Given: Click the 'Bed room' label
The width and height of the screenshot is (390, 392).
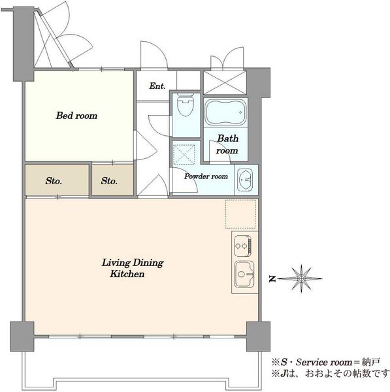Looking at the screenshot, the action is [x=76, y=116].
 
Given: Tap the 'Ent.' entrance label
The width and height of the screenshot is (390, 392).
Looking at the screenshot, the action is [x=157, y=86].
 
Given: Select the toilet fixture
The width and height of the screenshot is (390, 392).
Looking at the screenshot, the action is [x=186, y=105].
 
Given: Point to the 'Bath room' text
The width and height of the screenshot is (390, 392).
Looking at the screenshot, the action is [x=227, y=144].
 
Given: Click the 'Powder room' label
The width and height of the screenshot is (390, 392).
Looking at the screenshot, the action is [x=206, y=176].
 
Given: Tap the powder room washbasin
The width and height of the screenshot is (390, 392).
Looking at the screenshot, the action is [x=245, y=179].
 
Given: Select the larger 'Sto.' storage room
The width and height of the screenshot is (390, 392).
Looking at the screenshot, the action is [x=57, y=180].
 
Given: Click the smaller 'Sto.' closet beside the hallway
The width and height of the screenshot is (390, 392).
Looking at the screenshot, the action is [x=112, y=180].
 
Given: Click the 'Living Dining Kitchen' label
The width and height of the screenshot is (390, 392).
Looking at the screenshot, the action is [x=133, y=268].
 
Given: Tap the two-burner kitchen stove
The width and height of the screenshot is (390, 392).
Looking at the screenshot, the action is [x=243, y=246].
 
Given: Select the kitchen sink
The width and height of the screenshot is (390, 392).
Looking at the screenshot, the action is [x=244, y=275].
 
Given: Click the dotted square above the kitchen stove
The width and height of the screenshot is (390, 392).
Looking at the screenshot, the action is [x=241, y=214].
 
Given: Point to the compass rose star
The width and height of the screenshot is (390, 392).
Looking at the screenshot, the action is [x=302, y=278].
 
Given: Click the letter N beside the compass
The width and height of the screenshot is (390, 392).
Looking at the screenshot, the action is [x=272, y=278].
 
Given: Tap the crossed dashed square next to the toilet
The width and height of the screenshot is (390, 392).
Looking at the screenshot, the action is [x=184, y=154].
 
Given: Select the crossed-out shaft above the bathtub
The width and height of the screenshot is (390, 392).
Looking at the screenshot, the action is [x=225, y=82].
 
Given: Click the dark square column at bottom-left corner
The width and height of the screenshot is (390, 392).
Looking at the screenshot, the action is [x=22, y=336].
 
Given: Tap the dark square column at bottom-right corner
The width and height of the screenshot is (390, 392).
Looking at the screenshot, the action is [x=258, y=336].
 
